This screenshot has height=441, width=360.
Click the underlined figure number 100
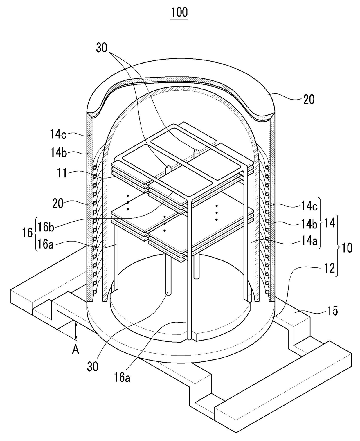pyautogui.click(x=179, y=12)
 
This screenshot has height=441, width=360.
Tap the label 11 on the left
pyautogui.click(x=62, y=173)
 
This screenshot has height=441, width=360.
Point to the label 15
pyautogui.click(x=332, y=311)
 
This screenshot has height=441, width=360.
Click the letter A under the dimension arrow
pyautogui.click(x=75, y=350)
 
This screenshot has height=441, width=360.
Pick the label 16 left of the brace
pyautogui.click(x=27, y=233)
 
